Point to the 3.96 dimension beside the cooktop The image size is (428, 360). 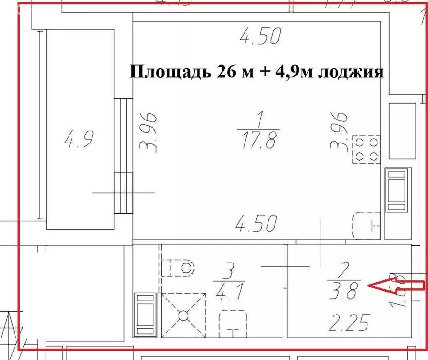(339, 131)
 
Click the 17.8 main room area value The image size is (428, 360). (259, 140)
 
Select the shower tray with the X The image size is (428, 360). (183, 314)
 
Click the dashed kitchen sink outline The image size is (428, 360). (367, 226)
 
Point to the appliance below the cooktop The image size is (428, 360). (397, 190)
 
